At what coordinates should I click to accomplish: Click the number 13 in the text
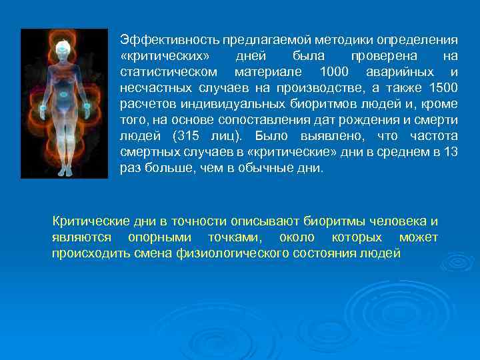(450, 152)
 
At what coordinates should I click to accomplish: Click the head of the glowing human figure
(64, 49)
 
